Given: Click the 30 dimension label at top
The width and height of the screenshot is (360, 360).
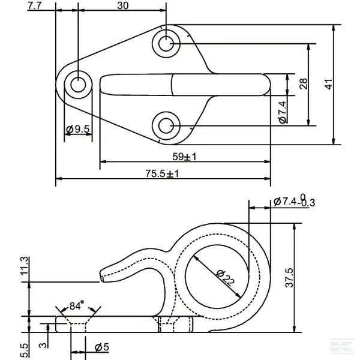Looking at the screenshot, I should pyautogui.click(x=122, y=6).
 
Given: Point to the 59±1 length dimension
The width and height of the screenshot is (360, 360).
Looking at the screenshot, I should pyautogui.click(x=185, y=157).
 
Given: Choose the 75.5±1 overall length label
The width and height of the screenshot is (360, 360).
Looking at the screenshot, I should pyautogui.click(x=163, y=174).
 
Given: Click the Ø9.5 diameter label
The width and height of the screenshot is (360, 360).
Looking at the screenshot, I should pyautogui.click(x=78, y=129).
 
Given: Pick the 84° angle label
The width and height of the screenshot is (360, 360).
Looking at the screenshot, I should pyautogui.click(x=76, y=306).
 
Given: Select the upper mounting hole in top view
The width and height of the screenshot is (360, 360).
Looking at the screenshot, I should pyautogui.click(x=166, y=43).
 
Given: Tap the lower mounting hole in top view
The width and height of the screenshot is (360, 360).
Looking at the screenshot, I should pyautogui.click(x=166, y=125).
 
